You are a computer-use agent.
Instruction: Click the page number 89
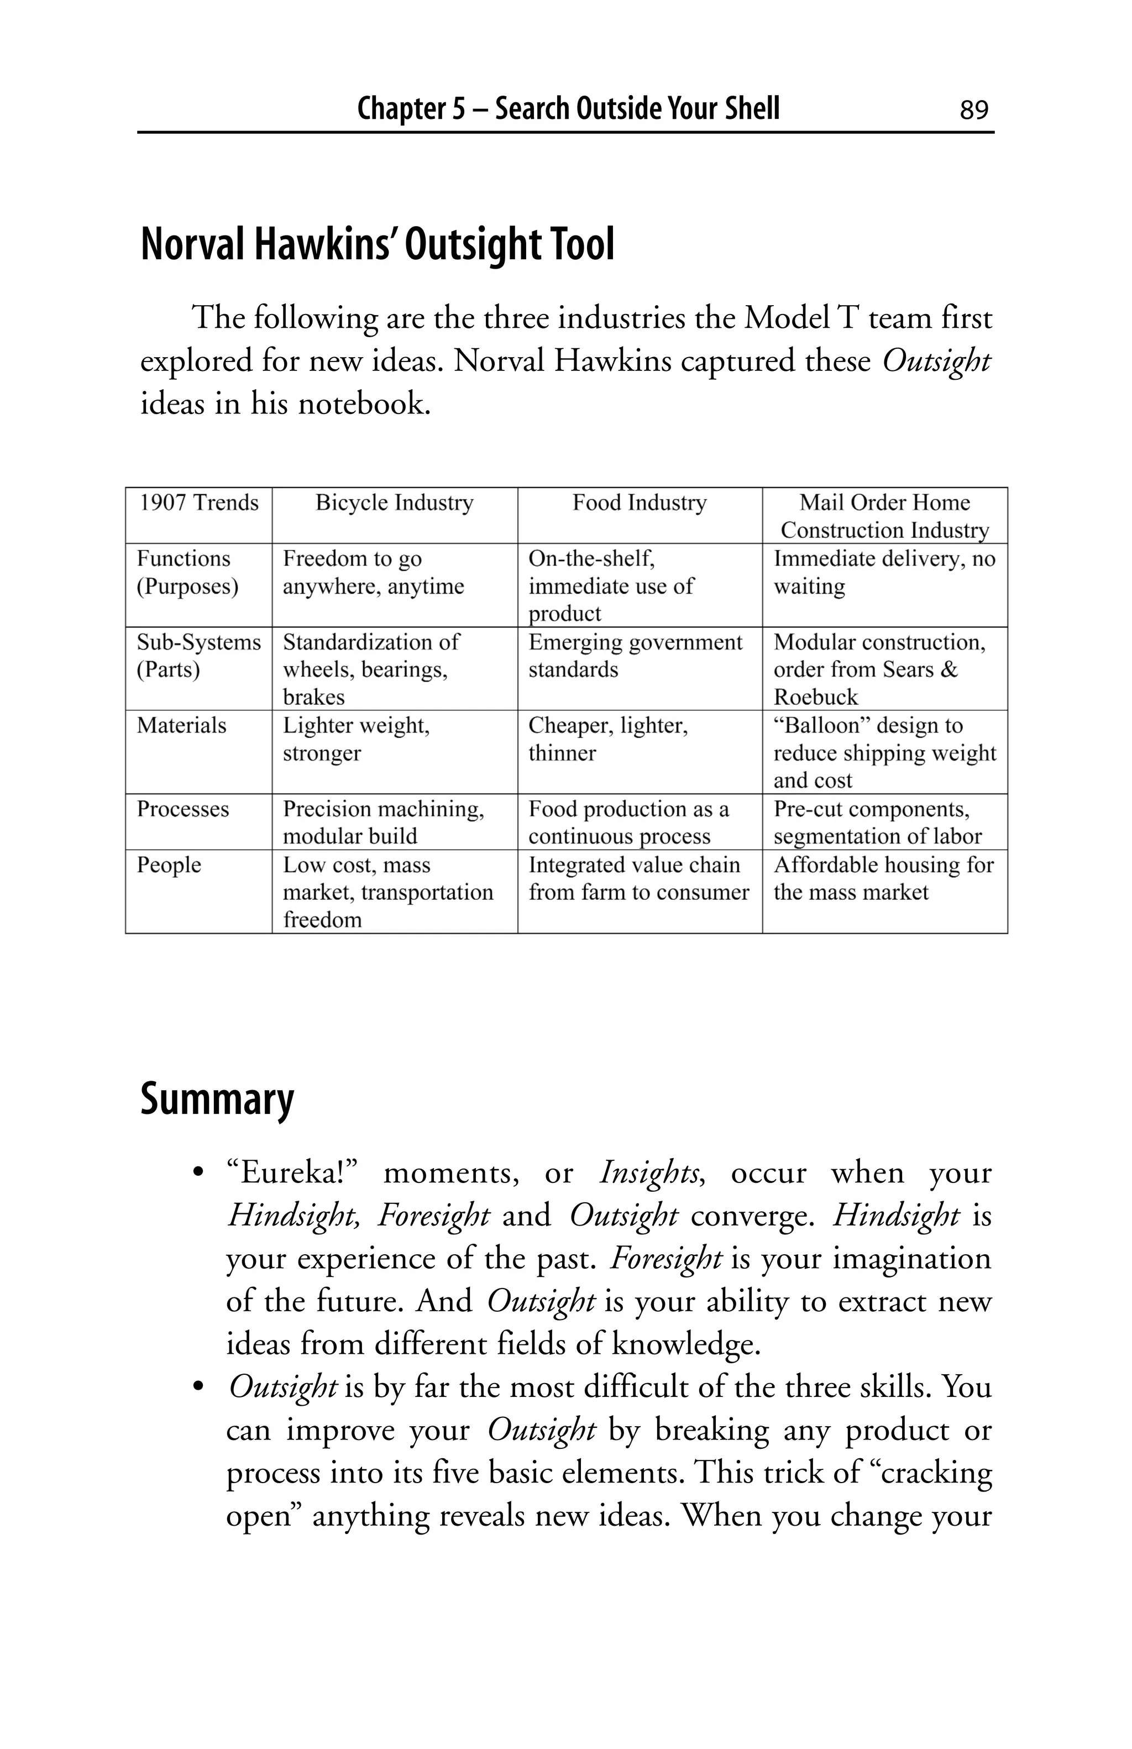click(x=973, y=110)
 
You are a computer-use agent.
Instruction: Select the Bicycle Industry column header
click(x=394, y=502)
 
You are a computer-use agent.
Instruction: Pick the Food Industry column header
click(x=639, y=502)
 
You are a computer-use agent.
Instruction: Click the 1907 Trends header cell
click(x=199, y=502)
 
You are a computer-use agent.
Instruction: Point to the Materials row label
click(x=181, y=725)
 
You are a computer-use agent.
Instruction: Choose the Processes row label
click(x=183, y=809)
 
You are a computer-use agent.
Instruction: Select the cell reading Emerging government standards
click(x=635, y=656)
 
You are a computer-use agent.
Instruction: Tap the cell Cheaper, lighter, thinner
click(x=607, y=739)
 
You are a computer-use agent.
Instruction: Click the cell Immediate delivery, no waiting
click(x=884, y=573)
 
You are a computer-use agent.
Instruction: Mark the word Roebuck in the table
click(x=815, y=697)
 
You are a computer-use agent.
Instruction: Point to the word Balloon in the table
click(x=821, y=725)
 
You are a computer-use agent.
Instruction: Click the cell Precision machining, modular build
click(x=382, y=823)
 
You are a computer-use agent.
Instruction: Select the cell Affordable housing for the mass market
click(x=883, y=878)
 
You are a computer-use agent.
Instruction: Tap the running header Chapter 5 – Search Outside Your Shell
click(x=568, y=109)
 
